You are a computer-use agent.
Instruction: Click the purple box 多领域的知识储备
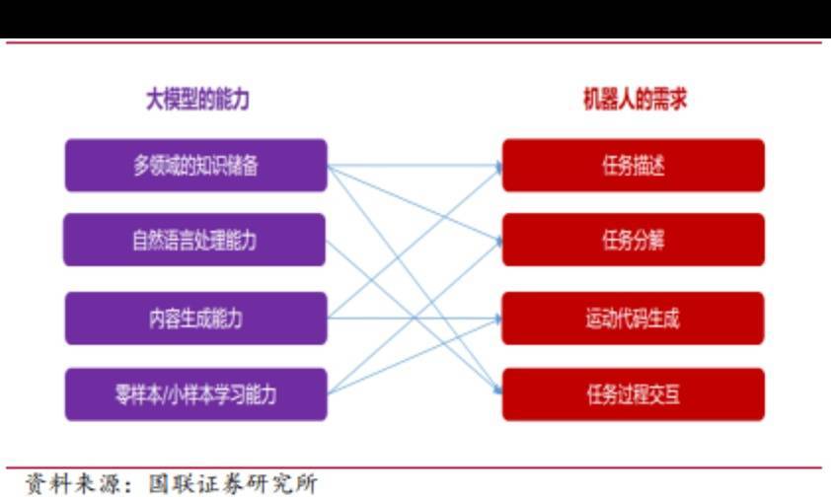point(196,165)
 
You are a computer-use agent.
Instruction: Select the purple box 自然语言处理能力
point(194,240)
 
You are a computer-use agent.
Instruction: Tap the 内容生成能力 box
point(196,319)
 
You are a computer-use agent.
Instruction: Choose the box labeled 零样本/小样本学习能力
point(196,394)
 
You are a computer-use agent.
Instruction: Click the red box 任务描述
point(634,165)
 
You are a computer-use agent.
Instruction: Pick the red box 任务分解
point(634,240)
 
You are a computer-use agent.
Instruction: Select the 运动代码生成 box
point(633,319)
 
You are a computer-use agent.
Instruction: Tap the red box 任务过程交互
point(634,394)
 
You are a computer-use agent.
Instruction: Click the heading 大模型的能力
point(197,100)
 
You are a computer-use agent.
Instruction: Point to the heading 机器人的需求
point(635,99)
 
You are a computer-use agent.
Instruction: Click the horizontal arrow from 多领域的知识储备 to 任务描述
point(415,166)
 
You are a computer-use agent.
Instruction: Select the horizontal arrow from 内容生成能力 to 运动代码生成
point(415,319)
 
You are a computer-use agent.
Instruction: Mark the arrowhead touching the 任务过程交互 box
point(497,390)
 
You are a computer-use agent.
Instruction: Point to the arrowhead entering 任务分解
point(498,241)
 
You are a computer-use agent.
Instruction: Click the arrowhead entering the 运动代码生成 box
point(497,319)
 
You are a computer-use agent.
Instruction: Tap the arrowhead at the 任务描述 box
point(498,168)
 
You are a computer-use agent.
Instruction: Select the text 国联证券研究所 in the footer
point(233,484)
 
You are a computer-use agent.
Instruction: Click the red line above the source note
point(414,467)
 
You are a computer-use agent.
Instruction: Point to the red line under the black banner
point(414,42)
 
